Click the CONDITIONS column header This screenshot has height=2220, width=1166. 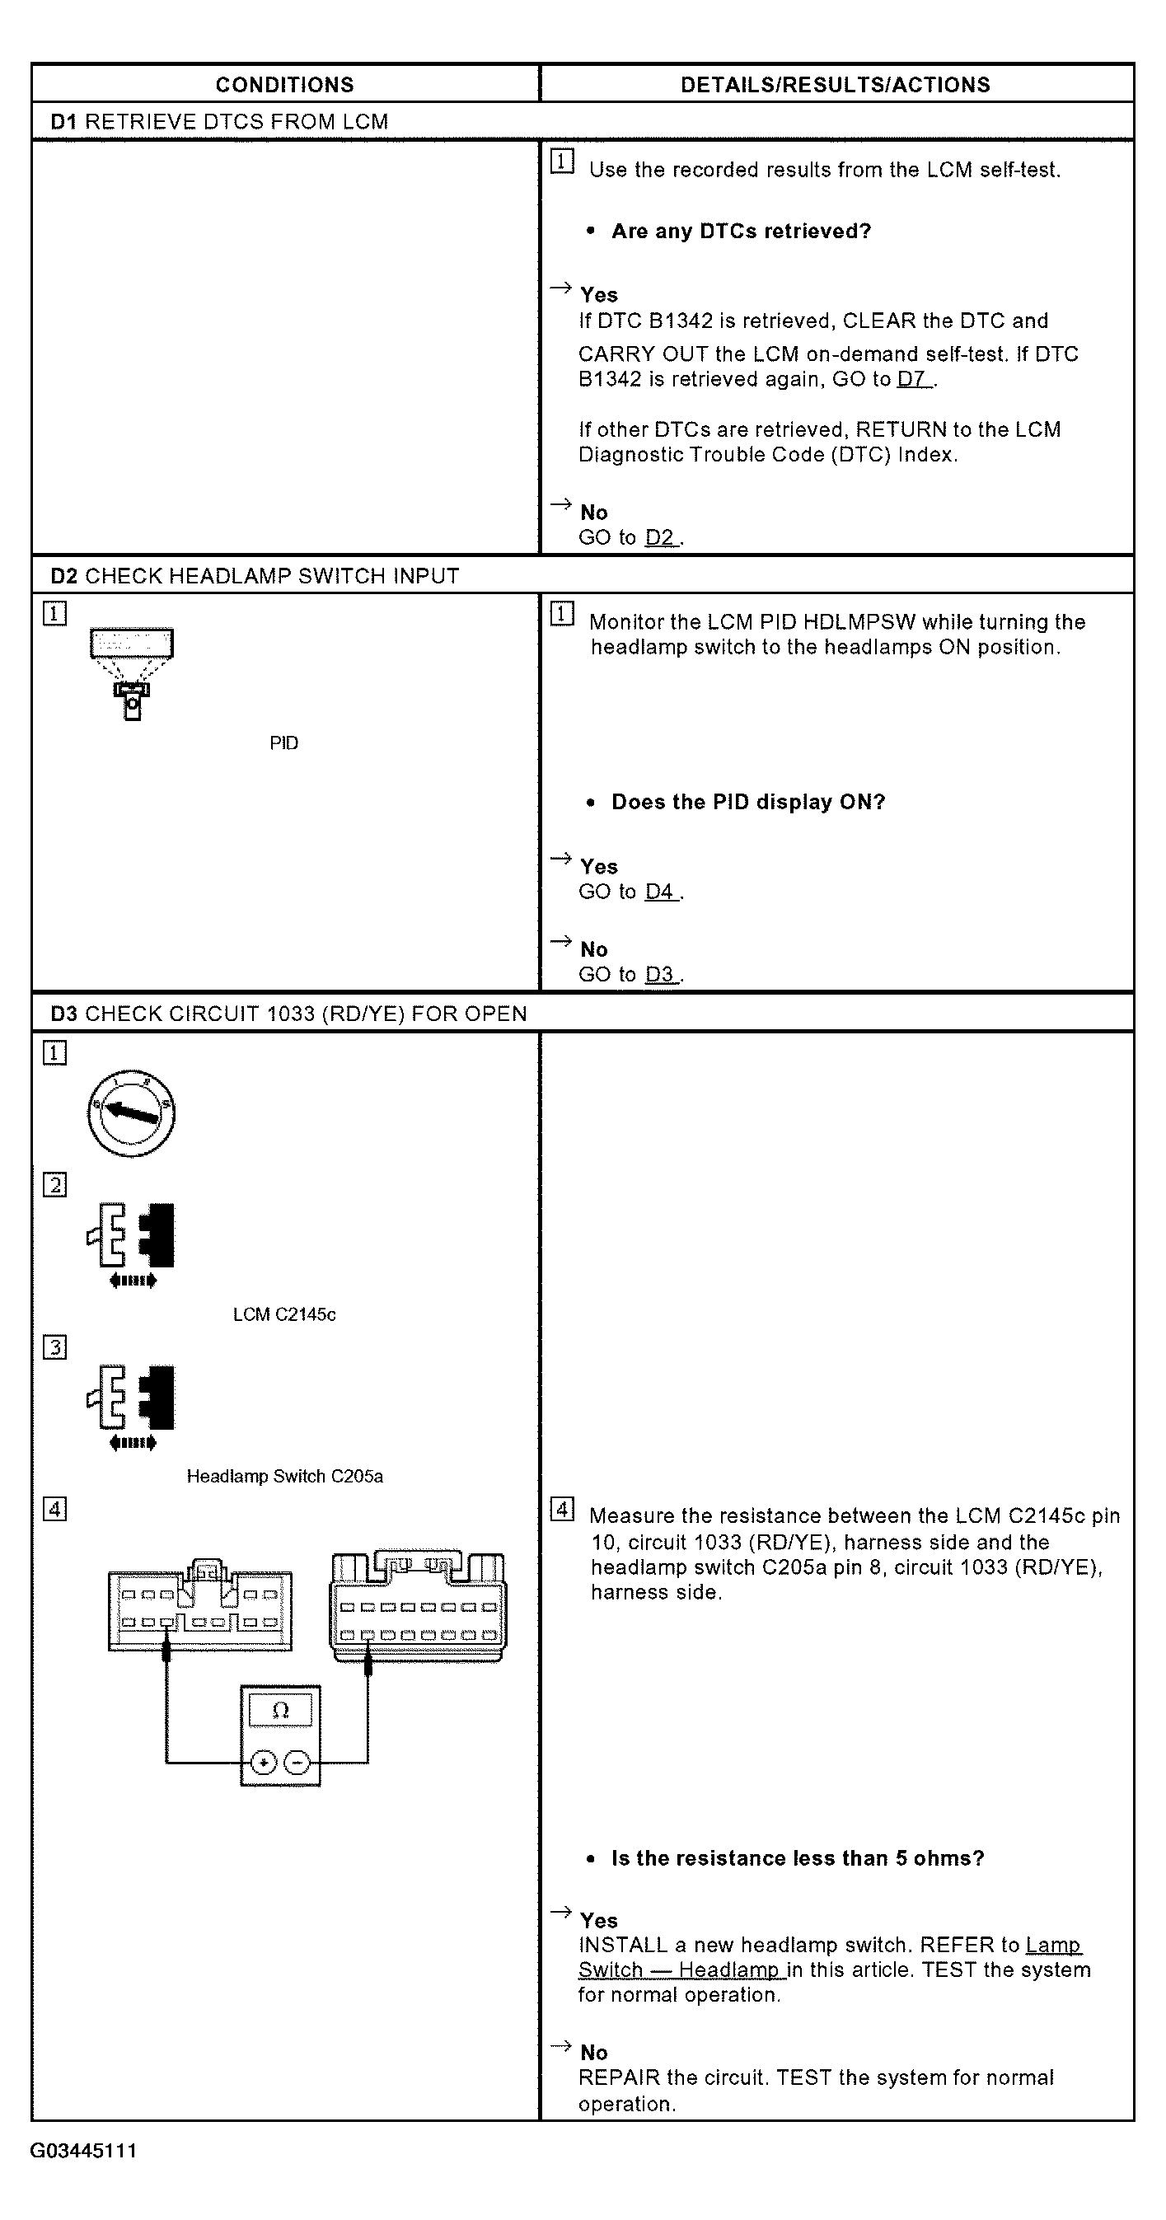pyautogui.click(x=284, y=84)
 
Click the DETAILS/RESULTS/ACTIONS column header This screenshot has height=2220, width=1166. pyautogui.click(x=835, y=84)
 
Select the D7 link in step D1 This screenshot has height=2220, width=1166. pyautogui.click(x=914, y=379)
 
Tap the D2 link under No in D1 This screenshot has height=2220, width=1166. pyautogui.click(x=661, y=538)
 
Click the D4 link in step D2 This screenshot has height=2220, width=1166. pyautogui.click(x=661, y=892)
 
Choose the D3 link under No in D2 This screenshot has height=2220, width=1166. pyautogui.click(x=661, y=975)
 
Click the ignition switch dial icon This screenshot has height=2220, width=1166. pyautogui.click(x=131, y=1113)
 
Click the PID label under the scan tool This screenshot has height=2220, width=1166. pyautogui.click(x=283, y=742)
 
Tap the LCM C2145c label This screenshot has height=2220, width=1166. pyautogui.click(x=284, y=1314)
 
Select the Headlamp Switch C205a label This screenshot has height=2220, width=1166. pyautogui.click(x=284, y=1476)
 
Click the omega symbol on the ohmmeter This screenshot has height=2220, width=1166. pyautogui.click(x=280, y=1711)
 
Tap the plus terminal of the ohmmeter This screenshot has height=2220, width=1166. pyautogui.click(x=264, y=1763)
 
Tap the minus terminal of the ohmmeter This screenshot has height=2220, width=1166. pyautogui.click(x=297, y=1763)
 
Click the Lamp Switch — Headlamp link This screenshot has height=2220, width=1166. pyautogui.click(x=829, y=1958)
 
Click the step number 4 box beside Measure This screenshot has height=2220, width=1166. pyautogui.click(x=562, y=1509)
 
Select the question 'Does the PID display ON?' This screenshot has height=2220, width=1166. pyautogui.click(x=748, y=803)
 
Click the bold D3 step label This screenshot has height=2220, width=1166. pyautogui.click(x=63, y=1014)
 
